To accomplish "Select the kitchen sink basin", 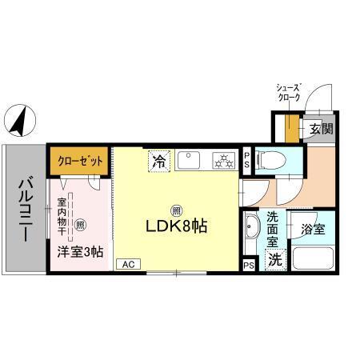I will (x=190, y=161).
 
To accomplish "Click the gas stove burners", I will (x=222, y=162).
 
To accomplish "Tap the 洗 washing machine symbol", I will (x=274, y=259).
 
